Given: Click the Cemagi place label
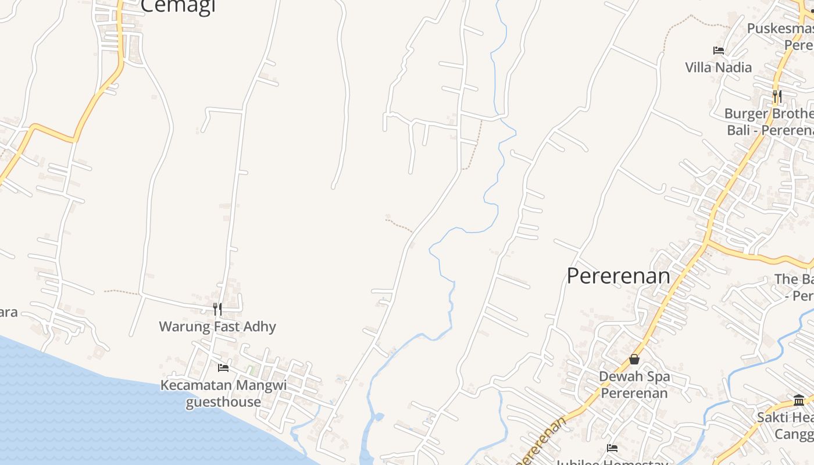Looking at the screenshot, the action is [178, 6].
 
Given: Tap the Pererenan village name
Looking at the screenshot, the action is [618, 276].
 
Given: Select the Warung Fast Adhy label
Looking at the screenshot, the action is [217, 326].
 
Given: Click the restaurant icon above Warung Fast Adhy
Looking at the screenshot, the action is [217, 309].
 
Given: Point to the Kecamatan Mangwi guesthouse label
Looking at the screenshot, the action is [223, 394].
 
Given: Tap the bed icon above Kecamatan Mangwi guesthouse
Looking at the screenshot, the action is [223, 367].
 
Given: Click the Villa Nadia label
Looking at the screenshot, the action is [718, 67].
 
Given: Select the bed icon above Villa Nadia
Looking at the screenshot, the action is [719, 51].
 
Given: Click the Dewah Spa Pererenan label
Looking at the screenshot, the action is [634, 384].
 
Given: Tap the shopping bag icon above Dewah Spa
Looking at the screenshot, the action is [634, 359].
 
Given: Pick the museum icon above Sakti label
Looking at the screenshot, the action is [799, 400].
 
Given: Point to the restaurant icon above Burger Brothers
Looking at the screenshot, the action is [777, 96].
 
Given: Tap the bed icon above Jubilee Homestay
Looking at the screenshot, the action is [612, 448].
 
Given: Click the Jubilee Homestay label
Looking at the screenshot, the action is [610, 462].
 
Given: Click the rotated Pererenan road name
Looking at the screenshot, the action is [541, 442].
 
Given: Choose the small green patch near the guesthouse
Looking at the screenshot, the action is [251, 370].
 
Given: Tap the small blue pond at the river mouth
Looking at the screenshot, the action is [378, 417].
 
